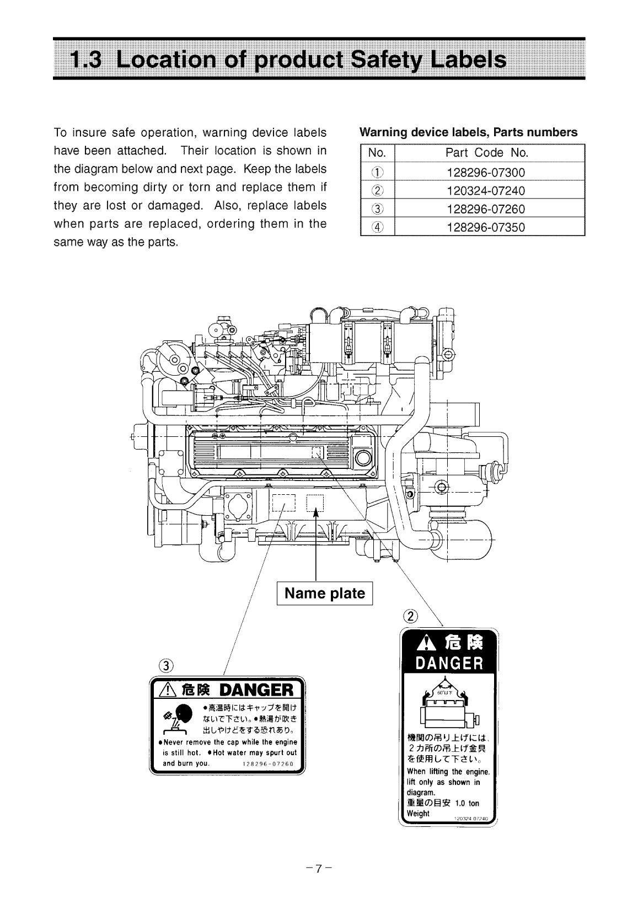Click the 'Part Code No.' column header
tap(486, 153)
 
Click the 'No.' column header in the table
tap(377, 153)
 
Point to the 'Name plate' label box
tap(324, 594)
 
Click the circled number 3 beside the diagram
tap(166, 665)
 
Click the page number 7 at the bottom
tap(318, 868)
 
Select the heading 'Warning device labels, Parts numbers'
tap(468, 132)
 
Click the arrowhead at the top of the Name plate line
tap(316, 512)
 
